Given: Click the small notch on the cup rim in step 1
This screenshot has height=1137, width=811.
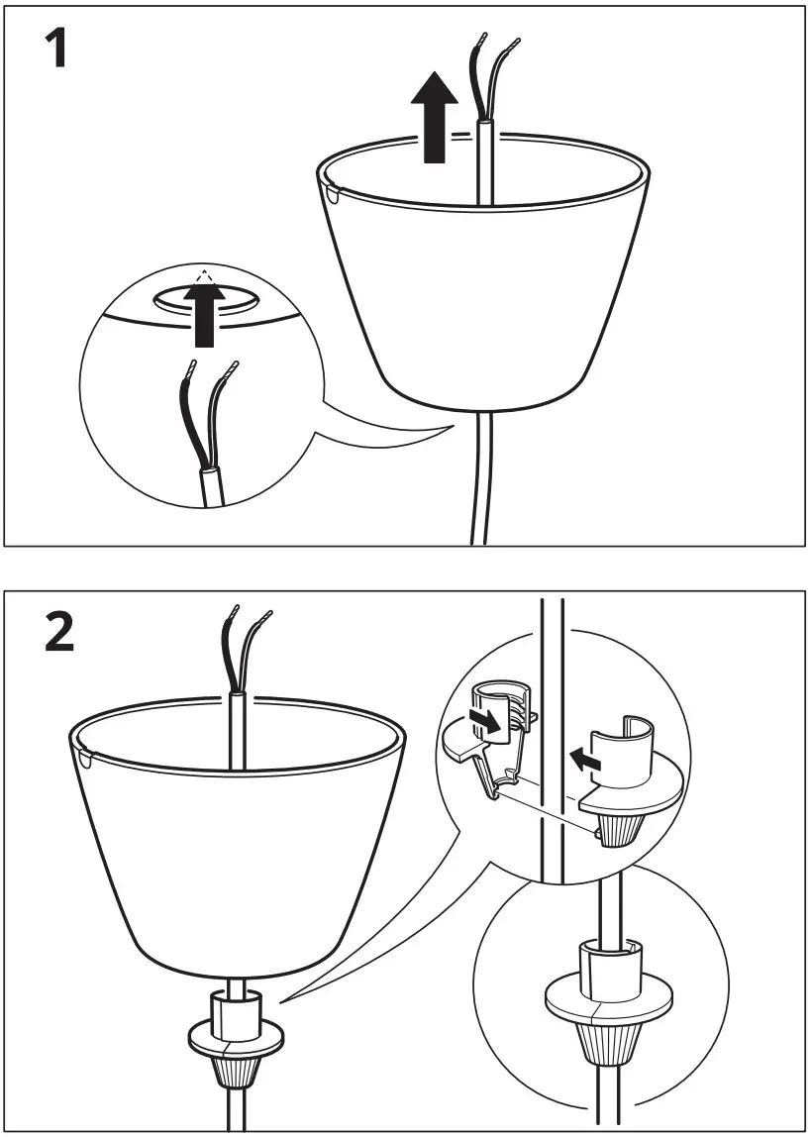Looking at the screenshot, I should [x=330, y=192].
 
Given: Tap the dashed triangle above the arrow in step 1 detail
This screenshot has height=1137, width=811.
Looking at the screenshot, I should [x=205, y=279].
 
